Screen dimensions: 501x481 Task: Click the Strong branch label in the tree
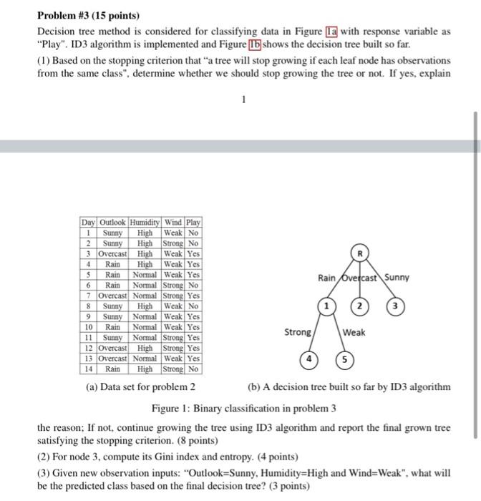[x=297, y=332]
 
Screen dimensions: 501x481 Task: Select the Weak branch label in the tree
[x=354, y=332]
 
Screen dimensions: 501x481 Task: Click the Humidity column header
[x=145, y=222]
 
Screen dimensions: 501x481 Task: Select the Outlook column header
[x=112, y=222]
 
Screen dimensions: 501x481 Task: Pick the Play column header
[x=193, y=222]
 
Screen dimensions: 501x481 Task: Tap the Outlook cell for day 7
[x=112, y=296]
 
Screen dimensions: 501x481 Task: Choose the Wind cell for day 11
[x=174, y=338]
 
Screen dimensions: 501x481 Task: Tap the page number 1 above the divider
[x=243, y=100]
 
